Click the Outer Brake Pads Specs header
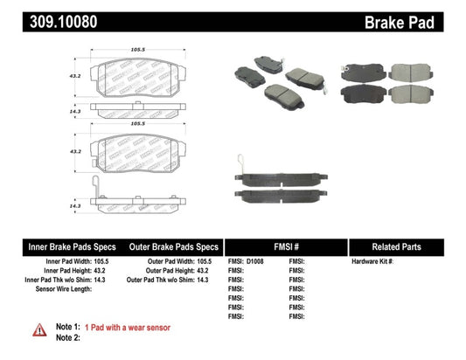(x=174, y=246)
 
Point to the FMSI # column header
(x=285, y=246)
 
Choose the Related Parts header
(x=407, y=246)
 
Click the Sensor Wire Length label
(x=61, y=289)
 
